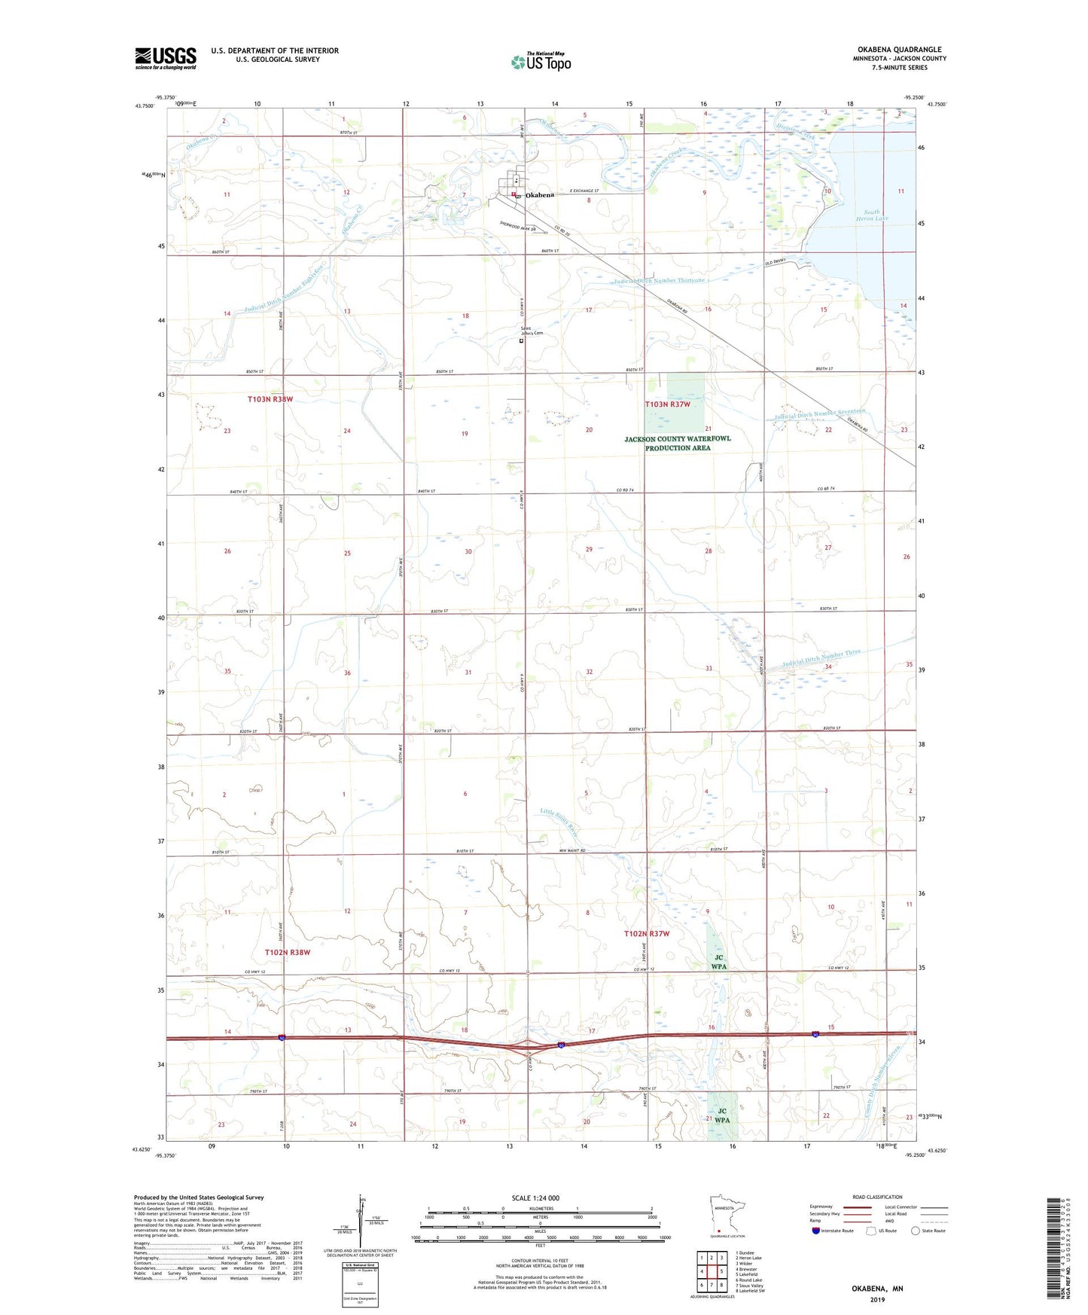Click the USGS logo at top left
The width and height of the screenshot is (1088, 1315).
coord(166,58)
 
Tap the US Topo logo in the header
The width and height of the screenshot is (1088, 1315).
coord(540,62)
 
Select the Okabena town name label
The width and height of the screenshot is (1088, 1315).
coord(540,195)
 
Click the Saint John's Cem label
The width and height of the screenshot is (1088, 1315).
coord(532,331)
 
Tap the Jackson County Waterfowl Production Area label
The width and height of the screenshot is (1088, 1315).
coord(677,443)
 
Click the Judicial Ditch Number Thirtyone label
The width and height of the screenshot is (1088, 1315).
coord(660,281)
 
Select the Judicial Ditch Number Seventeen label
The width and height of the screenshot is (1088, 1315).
coord(820,413)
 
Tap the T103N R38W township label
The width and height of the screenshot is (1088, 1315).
coord(270,399)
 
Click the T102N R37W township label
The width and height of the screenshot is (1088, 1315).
coord(646,934)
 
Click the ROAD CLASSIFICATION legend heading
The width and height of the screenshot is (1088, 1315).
coord(878,1197)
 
